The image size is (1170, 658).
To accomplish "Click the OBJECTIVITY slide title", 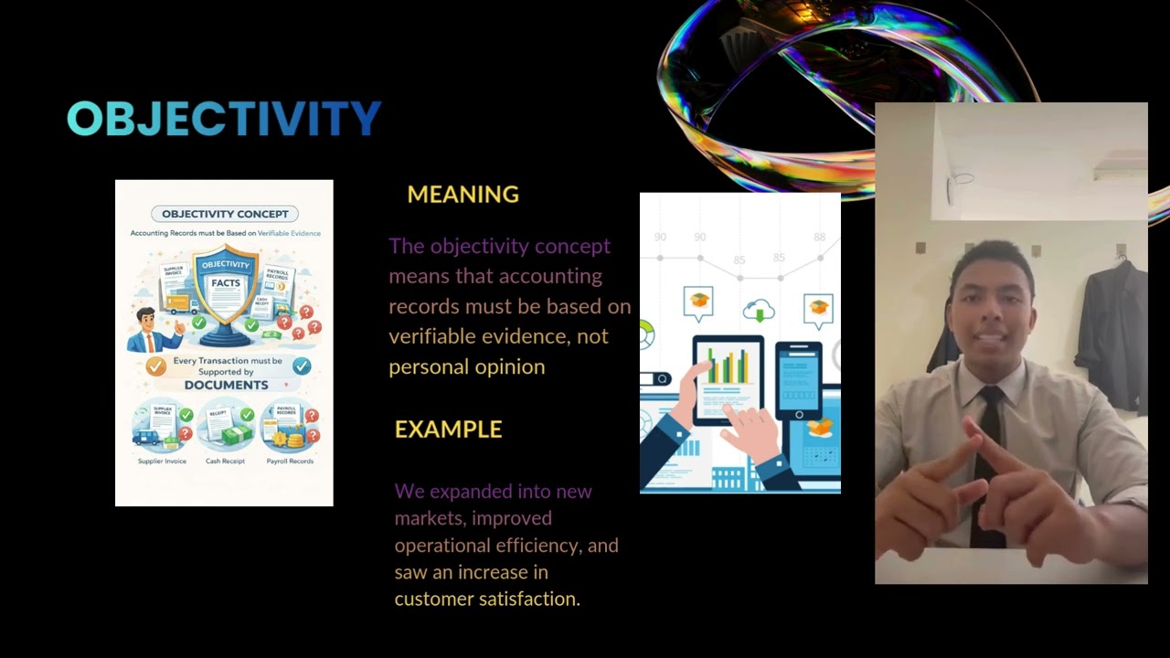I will pos(224,119).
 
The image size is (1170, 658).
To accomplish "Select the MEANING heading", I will pos(463,195).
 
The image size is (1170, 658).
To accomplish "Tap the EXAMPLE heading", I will pos(448,430).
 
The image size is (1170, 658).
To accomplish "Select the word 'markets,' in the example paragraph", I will pos(427,518).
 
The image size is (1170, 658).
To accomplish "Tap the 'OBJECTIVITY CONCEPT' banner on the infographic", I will pos(224,214).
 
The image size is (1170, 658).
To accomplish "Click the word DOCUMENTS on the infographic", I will pos(226,385).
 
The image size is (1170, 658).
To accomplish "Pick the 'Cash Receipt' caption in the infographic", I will pos(225,462).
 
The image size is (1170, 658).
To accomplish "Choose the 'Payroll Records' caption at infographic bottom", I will pos(290,462).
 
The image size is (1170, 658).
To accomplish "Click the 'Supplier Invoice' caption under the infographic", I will pos(162,462).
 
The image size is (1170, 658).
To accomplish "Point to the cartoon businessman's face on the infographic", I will pos(146,321).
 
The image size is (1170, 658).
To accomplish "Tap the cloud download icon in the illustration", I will pos(759,311).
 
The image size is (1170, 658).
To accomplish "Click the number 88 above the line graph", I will pos(820,238).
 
